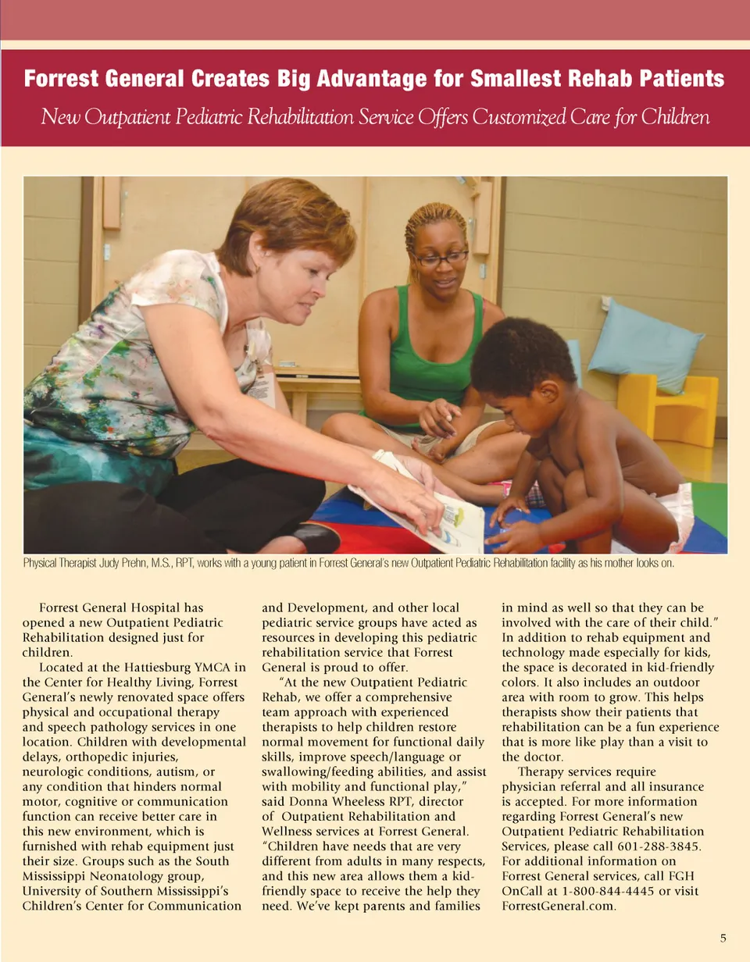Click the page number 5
coord(723,938)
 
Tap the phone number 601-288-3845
coord(663,846)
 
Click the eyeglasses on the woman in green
coord(441,257)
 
